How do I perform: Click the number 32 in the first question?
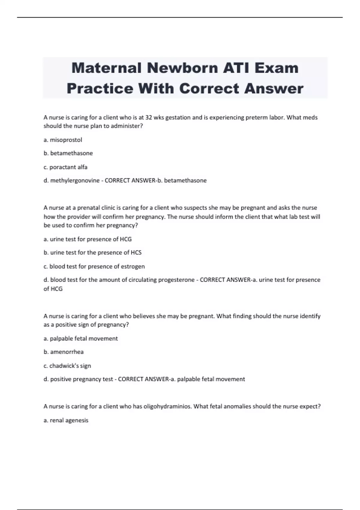(148, 118)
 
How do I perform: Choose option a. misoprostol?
(63, 140)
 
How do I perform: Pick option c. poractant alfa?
(65, 167)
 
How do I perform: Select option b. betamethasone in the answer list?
(68, 153)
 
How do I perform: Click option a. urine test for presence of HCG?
(88, 239)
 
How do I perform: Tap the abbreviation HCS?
(136, 253)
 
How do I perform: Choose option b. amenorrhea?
(64, 352)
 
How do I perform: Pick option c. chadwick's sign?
(67, 366)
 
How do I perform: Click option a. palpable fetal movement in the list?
(81, 338)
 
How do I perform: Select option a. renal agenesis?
(66, 420)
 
